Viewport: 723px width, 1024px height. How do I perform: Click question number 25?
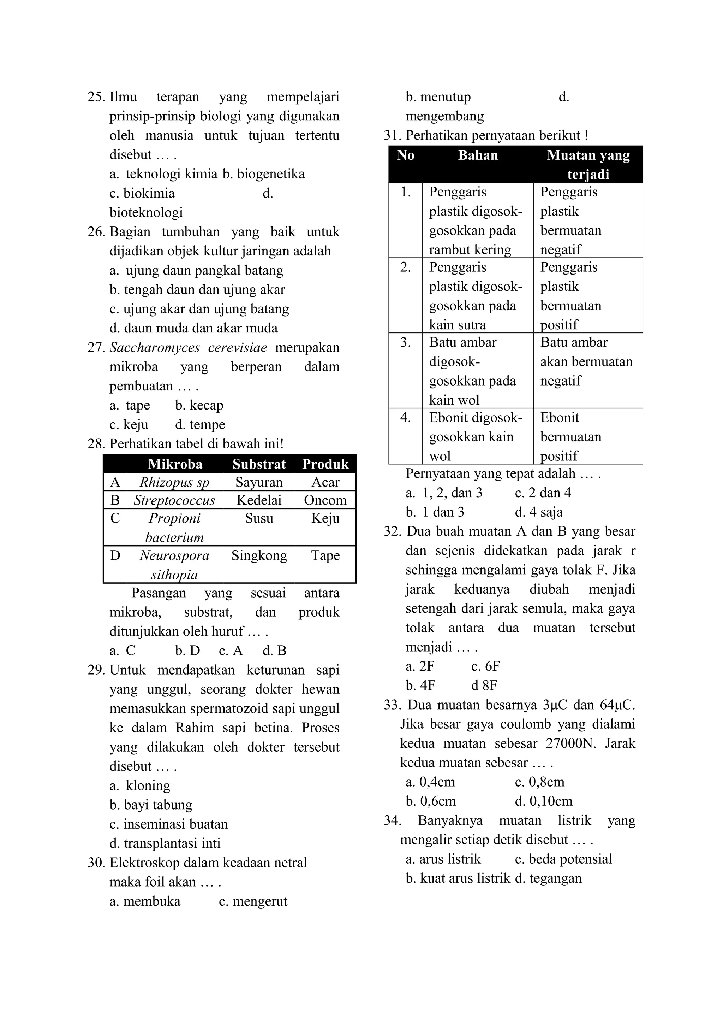coord(96,97)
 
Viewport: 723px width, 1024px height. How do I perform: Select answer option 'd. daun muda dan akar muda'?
coord(193,328)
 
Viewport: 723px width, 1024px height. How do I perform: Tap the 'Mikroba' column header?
coord(175,464)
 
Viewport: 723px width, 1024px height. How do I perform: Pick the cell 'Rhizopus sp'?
coord(174,482)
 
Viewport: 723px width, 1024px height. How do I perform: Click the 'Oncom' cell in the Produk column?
coord(325,500)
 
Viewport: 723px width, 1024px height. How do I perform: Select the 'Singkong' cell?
coord(259,556)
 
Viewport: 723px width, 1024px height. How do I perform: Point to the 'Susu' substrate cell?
coord(259,518)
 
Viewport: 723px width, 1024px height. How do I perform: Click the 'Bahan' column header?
coord(478,155)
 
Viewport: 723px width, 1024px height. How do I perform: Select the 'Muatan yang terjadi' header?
coord(588,164)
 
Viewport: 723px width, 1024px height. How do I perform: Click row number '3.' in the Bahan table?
coord(405,342)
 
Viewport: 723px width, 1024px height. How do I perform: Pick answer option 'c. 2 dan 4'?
coord(543,493)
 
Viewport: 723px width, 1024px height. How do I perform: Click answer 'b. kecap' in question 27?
coord(199,405)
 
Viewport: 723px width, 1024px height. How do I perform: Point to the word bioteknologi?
coord(146,212)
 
